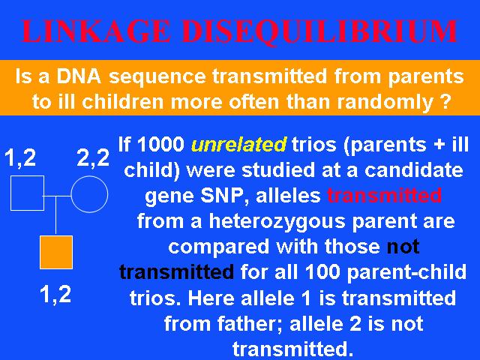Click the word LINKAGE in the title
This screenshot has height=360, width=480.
pyautogui.click(x=96, y=31)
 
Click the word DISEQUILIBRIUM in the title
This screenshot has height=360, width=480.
pyautogui.click(x=319, y=31)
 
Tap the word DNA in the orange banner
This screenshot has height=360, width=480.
pyautogui.click(x=79, y=76)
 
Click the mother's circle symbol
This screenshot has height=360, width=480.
pyautogui.click(x=89, y=176)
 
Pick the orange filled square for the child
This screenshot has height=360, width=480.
pyautogui.click(x=56, y=252)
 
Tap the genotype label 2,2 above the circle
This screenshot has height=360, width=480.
pyautogui.click(x=93, y=157)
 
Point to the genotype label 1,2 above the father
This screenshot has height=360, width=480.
pyautogui.click(x=20, y=157)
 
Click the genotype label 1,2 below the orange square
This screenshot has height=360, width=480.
pyautogui.click(x=55, y=295)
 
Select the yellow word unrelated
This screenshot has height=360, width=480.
pyautogui.click(x=238, y=144)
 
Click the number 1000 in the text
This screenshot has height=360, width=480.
pyautogui.click(x=160, y=144)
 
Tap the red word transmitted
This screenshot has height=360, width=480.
pyautogui.click(x=385, y=195)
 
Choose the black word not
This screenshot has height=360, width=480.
pyautogui.click(x=403, y=247)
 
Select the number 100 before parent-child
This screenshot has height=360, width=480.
pyautogui.click(x=322, y=271)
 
